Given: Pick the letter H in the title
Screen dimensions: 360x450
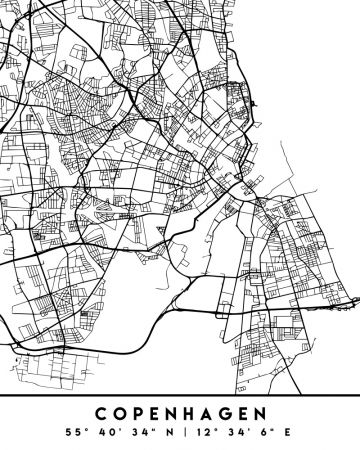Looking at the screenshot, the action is [189, 412].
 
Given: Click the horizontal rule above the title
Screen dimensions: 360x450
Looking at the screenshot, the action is [180, 396].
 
